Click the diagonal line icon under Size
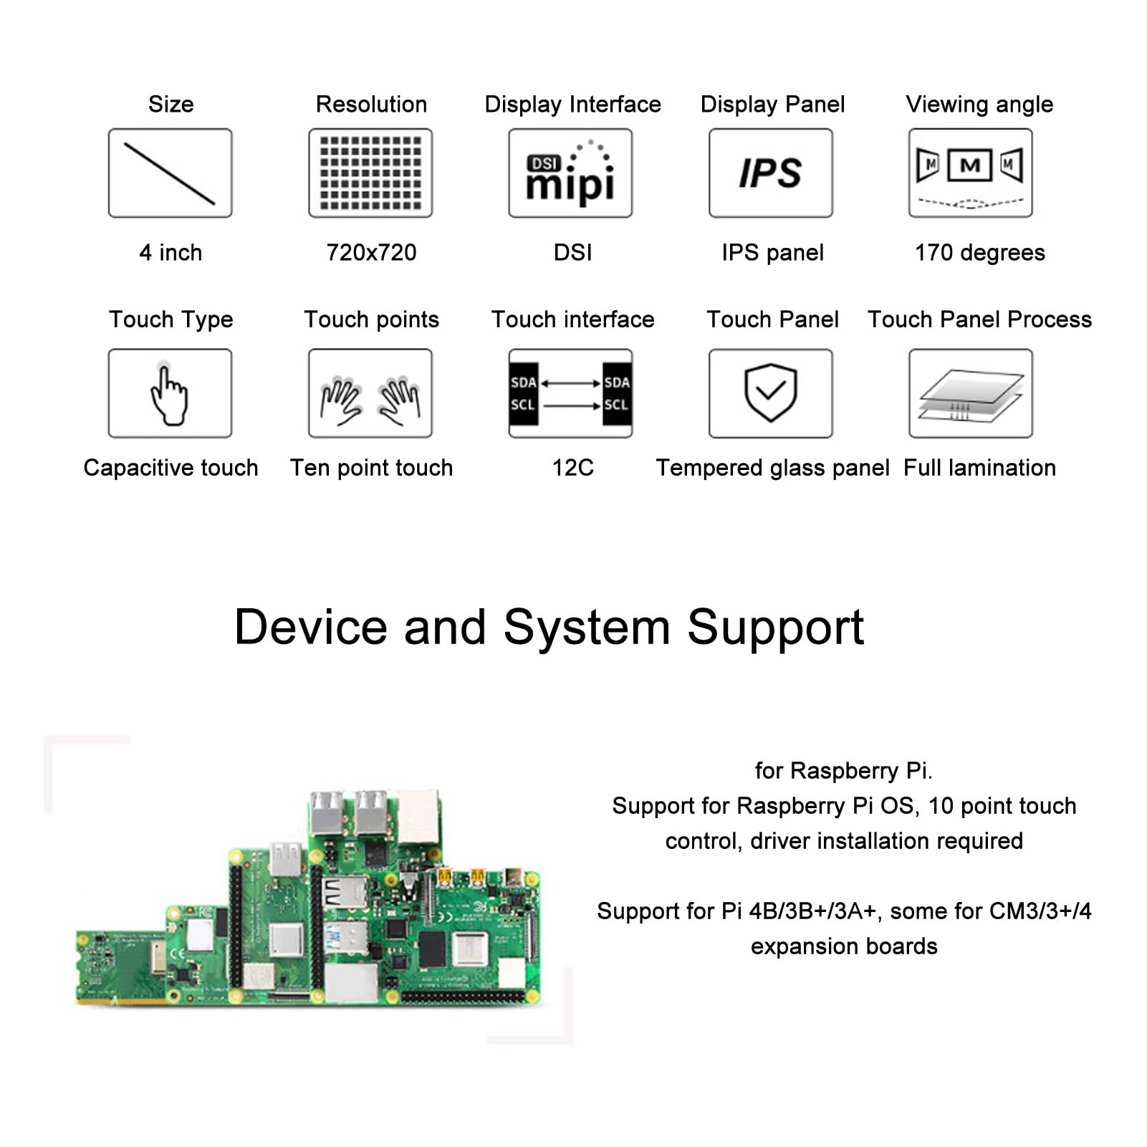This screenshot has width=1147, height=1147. (170, 173)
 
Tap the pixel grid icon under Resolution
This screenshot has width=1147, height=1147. (370, 173)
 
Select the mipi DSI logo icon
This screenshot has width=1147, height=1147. (570, 173)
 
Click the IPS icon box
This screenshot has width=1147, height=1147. (771, 173)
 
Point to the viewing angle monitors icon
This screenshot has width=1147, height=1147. (971, 173)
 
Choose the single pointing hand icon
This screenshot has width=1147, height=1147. (170, 393)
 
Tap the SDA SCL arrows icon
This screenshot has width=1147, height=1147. (570, 393)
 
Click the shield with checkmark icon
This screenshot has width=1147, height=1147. (771, 393)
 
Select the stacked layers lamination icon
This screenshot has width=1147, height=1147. (971, 393)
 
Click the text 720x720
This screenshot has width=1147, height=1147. (371, 252)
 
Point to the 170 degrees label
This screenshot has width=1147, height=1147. (979, 253)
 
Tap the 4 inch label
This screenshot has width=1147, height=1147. (171, 252)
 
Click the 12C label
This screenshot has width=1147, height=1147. (572, 468)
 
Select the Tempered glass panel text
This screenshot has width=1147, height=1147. (773, 468)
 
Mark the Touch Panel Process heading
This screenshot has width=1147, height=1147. (979, 319)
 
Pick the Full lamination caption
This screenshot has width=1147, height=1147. (979, 468)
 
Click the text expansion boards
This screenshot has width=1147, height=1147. (844, 947)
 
